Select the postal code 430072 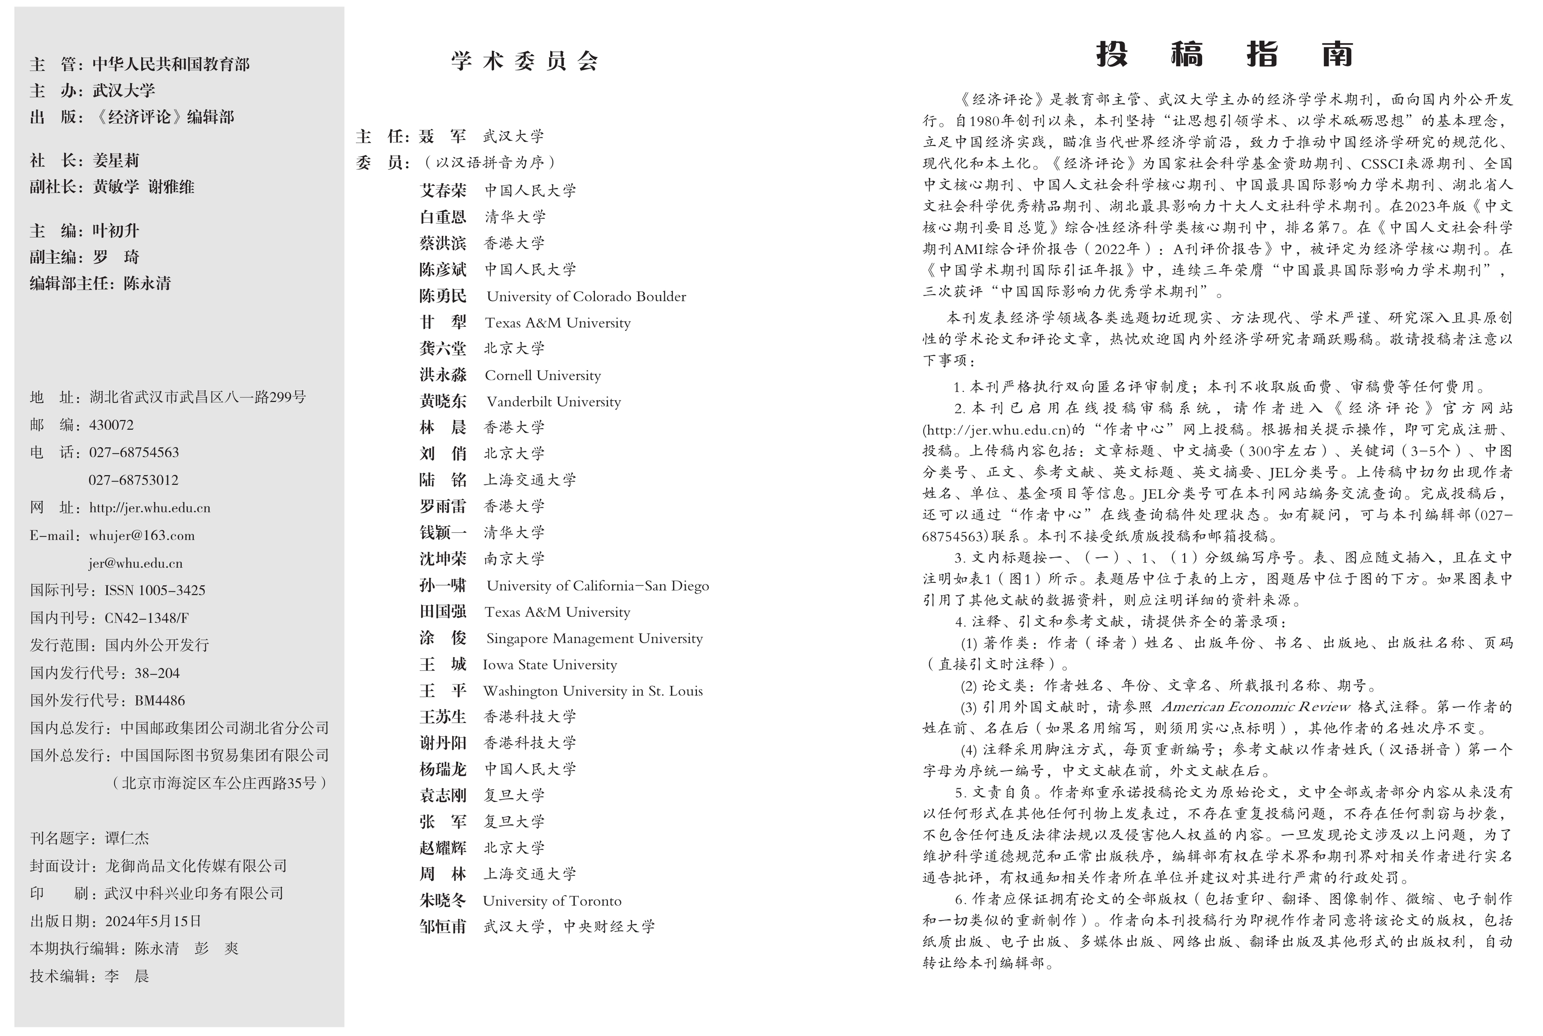pyautogui.click(x=111, y=425)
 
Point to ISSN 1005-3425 pyautogui.click(x=155, y=590)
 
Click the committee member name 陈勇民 pyautogui.click(x=443, y=296)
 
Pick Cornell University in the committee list pyautogui.click(x=543, y=375)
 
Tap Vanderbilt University pyautogui.click(x=554, y=402)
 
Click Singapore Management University pyautogui.click(x=594, y=638)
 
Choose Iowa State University pyautogui.click(x=550, y=665)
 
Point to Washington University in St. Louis pyautogui.click(x=593, y=691)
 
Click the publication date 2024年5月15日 pyautogui.click(x=153, y=921)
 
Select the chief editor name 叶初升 pyautogui.click(x=116, y=231)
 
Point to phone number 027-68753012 pyautogui.click(x=133, y=480)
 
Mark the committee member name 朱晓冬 pyautogui.click(x=443, y=901)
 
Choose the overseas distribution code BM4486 pyautogui.click(x=160, y=700)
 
